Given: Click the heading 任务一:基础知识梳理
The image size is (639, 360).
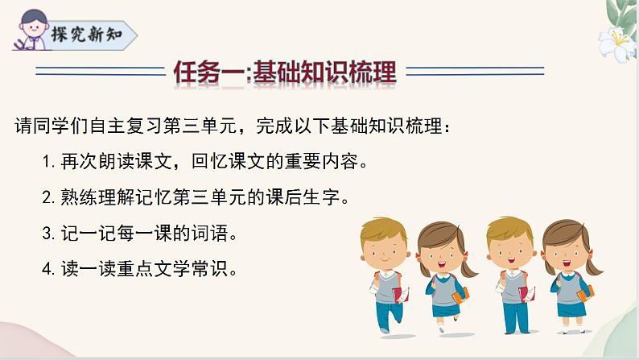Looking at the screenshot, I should pos(285,73).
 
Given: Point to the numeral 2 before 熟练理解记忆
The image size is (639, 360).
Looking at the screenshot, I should pos(46,197).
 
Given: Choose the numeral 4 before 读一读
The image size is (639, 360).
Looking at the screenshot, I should pos(46,270).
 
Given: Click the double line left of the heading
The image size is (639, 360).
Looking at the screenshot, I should pos(97,74).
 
